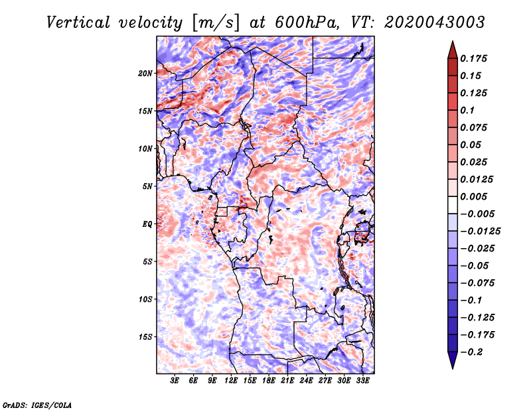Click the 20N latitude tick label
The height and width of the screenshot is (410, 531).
145,73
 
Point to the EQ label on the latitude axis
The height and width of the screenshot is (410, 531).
147,224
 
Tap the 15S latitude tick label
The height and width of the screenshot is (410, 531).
145,337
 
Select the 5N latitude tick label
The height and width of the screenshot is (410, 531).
147,186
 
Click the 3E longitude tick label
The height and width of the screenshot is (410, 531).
175,381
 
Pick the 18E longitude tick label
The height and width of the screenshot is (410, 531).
269,381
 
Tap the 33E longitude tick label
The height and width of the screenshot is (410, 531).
362,381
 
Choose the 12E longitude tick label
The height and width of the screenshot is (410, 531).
231,381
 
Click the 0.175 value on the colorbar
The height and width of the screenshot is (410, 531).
473,58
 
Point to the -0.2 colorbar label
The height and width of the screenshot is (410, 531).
471,352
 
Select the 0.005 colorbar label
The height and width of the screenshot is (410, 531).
473,196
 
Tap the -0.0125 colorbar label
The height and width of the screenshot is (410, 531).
480,232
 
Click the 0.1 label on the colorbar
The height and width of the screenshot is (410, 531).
467,110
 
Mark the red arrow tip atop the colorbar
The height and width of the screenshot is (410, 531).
453,41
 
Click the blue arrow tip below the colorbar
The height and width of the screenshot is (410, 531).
453,368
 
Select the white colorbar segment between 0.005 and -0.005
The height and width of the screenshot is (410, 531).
453,205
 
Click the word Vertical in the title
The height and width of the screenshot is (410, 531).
78,23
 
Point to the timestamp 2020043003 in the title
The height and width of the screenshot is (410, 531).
435,23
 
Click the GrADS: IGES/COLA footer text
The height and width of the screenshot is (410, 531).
37,405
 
